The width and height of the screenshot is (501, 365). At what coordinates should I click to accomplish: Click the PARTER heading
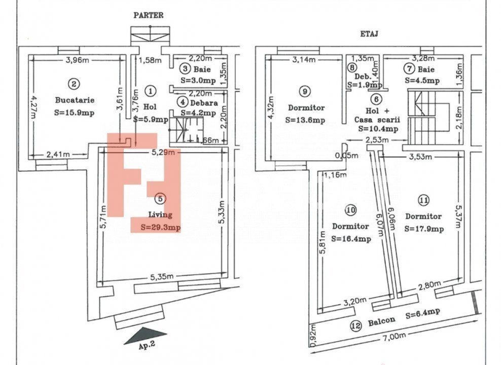[x=148, y=15]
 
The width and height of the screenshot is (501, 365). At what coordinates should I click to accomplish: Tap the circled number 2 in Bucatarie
[x=74, y=84]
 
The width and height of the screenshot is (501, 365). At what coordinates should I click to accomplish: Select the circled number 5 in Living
[x=160, y=199]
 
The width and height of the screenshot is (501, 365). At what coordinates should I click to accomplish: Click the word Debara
[x=205, y=102]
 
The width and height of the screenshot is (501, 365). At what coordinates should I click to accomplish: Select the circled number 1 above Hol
[x=150, y=91]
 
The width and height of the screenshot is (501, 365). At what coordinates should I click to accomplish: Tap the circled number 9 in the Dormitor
[x=304, y=91]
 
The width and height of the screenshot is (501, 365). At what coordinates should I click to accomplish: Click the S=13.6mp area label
[x=305, y=120]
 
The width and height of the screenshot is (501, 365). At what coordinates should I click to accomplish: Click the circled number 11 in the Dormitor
[x=423, y=199]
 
